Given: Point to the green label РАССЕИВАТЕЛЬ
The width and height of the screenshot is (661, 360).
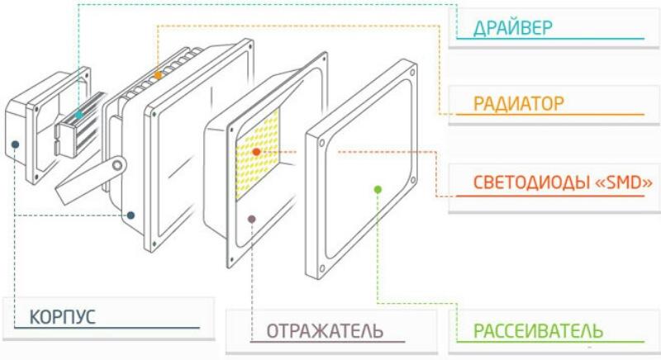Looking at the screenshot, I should click(538, 331).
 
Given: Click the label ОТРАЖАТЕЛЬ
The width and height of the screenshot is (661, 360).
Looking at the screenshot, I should click(325, 331).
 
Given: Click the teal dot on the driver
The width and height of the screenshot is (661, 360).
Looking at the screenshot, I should click(78, 115).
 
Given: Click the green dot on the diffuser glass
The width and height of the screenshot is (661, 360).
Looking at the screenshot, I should click(378, 189).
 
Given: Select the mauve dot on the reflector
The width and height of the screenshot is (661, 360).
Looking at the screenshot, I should click(253, 218).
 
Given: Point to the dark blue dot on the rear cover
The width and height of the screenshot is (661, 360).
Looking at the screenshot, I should click(15, 145).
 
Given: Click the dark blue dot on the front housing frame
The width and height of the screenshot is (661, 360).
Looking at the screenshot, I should click(131, 215).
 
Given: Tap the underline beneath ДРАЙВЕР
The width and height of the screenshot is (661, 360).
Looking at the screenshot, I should click(549, 40).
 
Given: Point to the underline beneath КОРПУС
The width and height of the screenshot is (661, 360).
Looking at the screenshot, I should click(107, 329).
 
